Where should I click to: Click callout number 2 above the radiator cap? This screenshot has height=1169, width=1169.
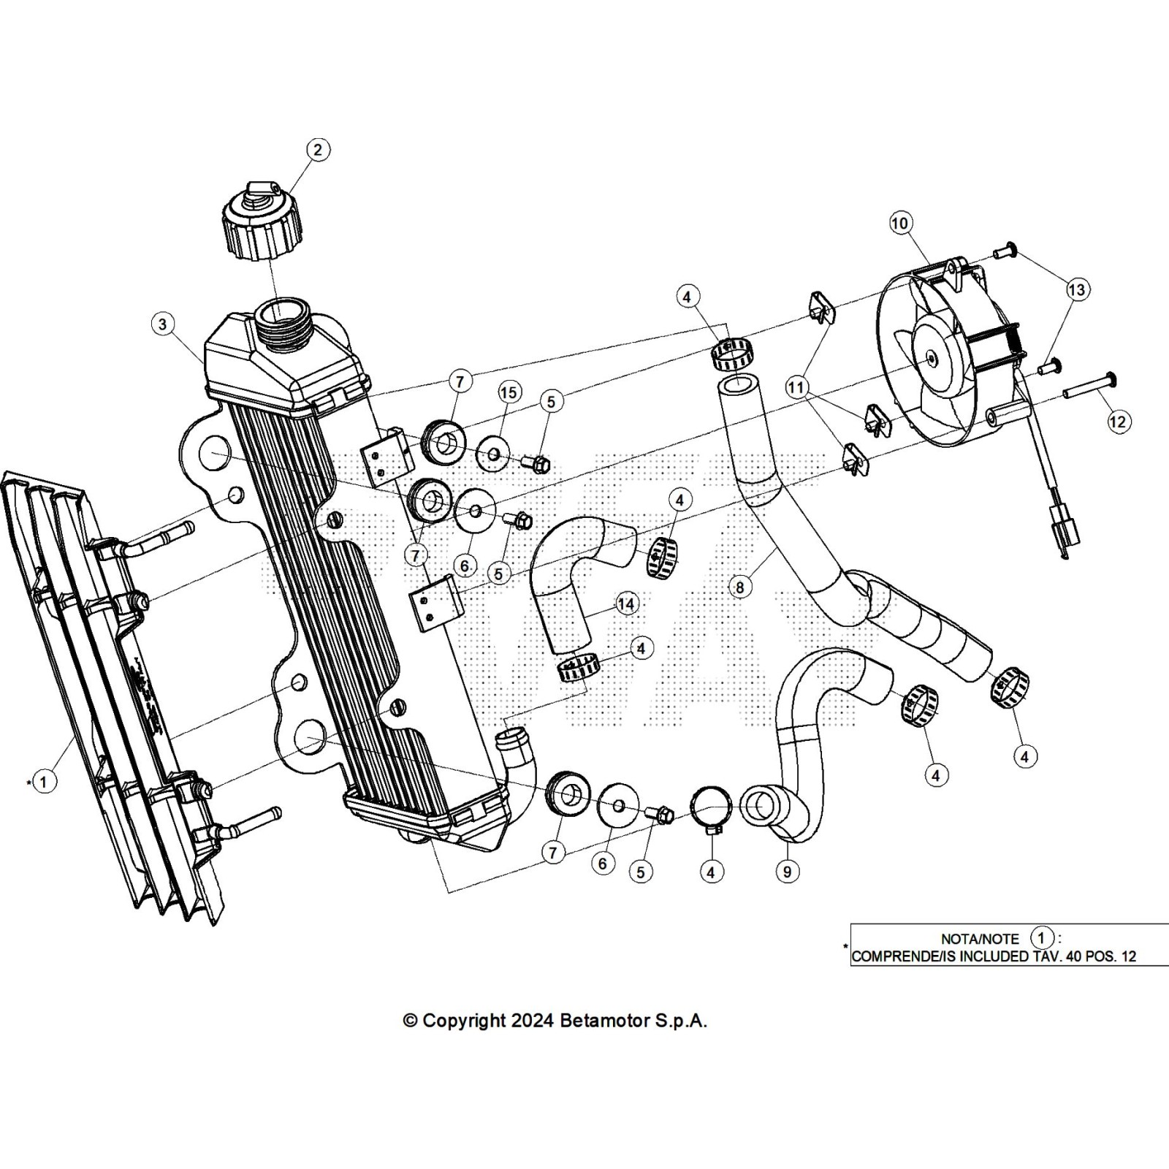click(x=317, y=150)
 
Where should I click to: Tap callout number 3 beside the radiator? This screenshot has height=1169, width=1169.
click(x=163, y=324)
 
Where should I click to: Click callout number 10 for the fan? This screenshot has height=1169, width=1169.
click(x=900, y=223)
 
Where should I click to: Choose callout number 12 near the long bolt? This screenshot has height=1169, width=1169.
click(x=1119, y=422)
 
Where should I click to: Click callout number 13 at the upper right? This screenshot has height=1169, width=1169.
click(x=1077, y=289)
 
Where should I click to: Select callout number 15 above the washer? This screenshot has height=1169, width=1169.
click(x=509, y=392)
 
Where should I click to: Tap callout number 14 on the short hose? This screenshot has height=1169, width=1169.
click(x=626, y=603)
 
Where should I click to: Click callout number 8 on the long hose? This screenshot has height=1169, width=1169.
click(x=740, y=586)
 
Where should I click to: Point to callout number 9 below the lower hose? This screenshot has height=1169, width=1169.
click(x=787, y=872)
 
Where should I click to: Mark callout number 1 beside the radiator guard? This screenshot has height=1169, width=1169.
click(x=44, y=782)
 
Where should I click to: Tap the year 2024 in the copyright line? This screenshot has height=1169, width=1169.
click(x=533, y=1021)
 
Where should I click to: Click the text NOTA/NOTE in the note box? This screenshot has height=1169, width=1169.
click(x=979, y=940)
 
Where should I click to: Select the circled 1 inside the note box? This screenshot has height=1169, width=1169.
click(x=1042, y=937)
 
